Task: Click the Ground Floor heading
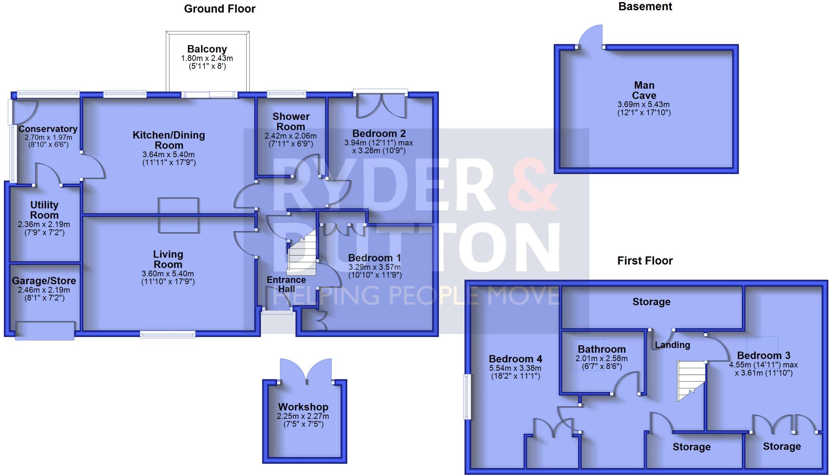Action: point(219,9)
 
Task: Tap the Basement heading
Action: point(645,7)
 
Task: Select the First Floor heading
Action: point(645,260)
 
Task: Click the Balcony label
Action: point(207,49)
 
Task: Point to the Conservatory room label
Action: point(48,129)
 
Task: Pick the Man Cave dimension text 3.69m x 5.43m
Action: point(644,104)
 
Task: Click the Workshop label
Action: point(303,407)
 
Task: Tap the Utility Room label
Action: point(44,210)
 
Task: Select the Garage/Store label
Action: point(44,281)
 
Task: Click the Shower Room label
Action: point(291,121)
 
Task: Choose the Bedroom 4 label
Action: point(515,359)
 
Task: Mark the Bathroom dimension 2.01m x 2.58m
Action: point(601,359)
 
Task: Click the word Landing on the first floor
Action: point(672,345)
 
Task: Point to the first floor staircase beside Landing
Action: point(690,380)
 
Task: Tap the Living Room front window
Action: point(167,334)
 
